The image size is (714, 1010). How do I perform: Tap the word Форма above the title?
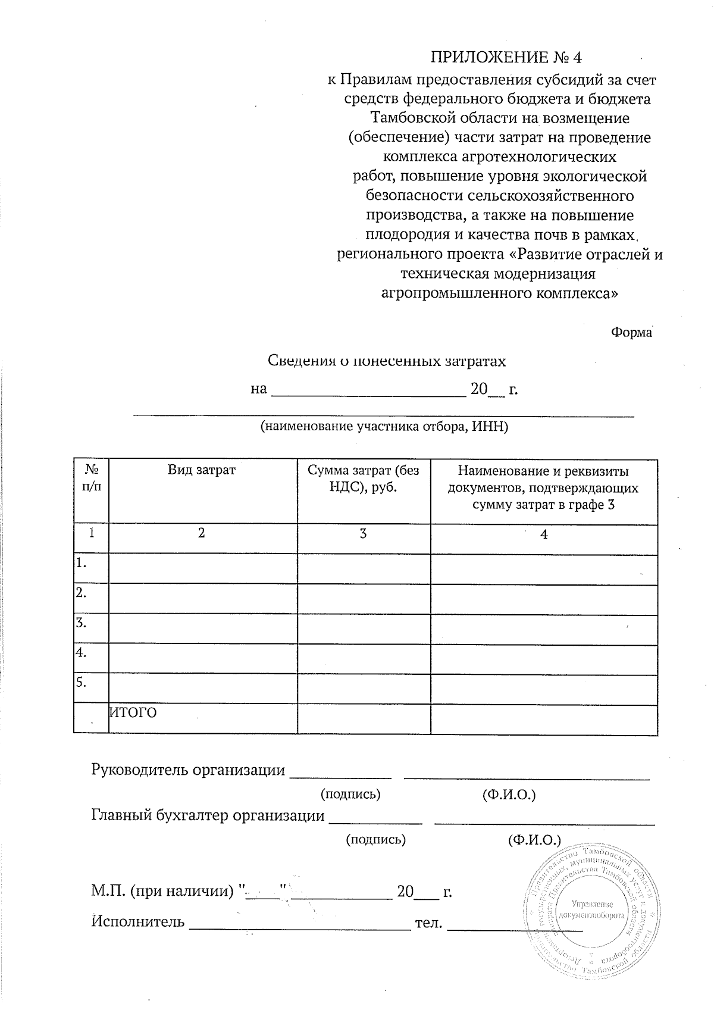point(631,333)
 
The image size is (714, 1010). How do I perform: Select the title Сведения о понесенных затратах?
point(387,361)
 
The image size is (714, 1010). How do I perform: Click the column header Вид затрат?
point(202,470)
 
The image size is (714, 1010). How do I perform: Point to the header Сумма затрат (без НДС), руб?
point(363,479)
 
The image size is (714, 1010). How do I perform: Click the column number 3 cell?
point(363,533)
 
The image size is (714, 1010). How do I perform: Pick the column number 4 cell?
point(543,534)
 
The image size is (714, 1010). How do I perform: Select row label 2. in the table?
point(82,593)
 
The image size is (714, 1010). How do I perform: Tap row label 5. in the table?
point(82,682)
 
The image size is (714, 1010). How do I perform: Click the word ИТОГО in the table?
point(133,712)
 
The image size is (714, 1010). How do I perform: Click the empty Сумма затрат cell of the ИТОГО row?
point(363,718)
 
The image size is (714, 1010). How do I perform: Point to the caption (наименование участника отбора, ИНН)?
point(384,427)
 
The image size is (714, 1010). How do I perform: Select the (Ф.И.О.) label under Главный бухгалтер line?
point(534,840)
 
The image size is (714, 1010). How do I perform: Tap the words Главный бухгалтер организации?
point(208,815)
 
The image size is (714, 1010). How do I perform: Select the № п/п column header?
point(91,477)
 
